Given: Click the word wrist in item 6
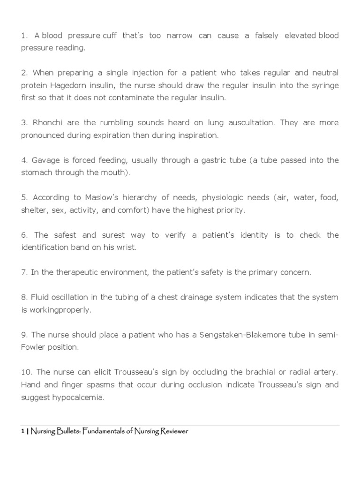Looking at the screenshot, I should tap(125, 247).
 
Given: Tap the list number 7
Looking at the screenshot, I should tap(24, 272).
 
